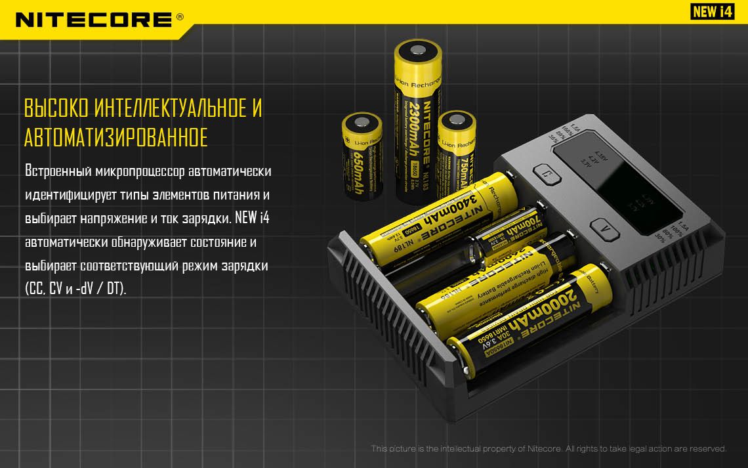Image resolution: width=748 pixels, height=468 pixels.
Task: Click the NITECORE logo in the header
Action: click(x=94, y=19)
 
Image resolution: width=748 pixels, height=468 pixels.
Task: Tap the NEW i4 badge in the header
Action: click(x=712, y=12)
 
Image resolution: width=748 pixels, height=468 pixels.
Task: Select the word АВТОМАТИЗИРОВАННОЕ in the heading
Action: click(x=115, y=138)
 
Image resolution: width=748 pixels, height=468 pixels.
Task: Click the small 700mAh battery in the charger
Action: click(x=512, y=236)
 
